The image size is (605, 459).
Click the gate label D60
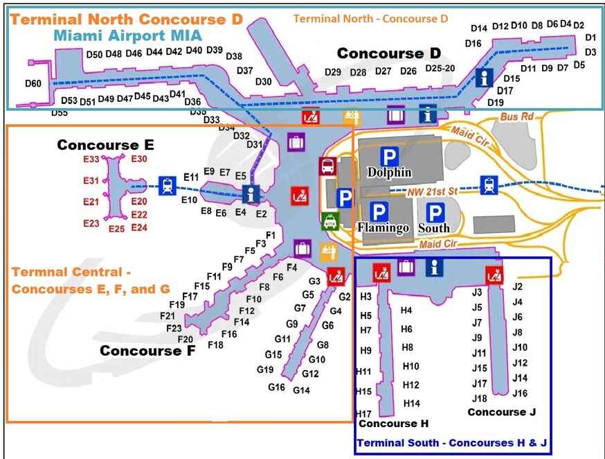pyautogui.click(x=33, y=84)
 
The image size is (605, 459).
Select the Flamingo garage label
pyautogui.click(x=383, y=227)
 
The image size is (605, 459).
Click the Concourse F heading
pyautogui.click(x=147, y=351)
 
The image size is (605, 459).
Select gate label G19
pyautogui.click(x=265, y=370)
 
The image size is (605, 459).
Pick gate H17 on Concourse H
pyautogui.click(x=363, y=414)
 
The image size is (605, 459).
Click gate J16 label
pyautogui.click(x=520, y=393)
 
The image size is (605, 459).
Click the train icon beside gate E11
pyautogui.click(x=167, y=186)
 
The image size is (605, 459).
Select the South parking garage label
pyautogui.click(x=435, y=227)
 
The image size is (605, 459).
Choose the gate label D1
pyautogui.click(x=590, y=38)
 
